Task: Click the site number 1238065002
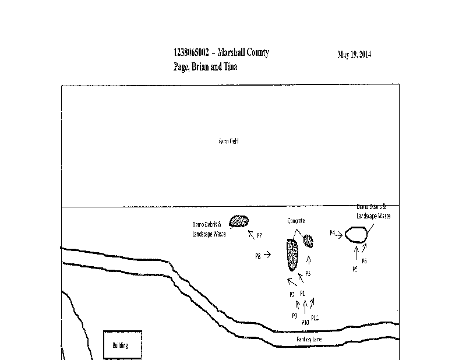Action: coord(192,53)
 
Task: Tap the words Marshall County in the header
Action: coord(245,53)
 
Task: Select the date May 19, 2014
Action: coord(354,55)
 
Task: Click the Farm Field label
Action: coord(228,141)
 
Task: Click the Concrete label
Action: coord(296,221)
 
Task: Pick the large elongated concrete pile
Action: coord(292,255)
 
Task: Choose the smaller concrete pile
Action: coord(309,240)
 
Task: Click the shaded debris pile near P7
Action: coord(239,221)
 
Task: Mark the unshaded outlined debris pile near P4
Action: coord(356,234)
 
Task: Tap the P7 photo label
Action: coord(259,236)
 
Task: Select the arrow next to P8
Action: coord(267,255)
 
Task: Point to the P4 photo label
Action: coord(332,233)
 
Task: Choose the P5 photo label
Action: coord(355,269)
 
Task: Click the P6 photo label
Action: coord(365,261)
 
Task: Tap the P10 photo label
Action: coord(305,322)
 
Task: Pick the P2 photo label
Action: coord(292,294)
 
